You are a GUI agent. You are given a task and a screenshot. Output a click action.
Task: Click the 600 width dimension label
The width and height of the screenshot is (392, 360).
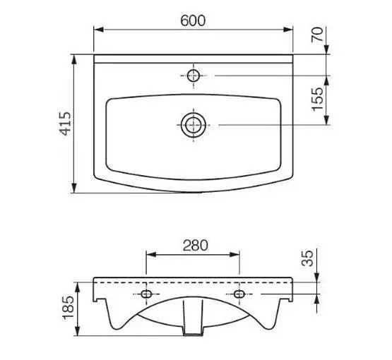(193, 20)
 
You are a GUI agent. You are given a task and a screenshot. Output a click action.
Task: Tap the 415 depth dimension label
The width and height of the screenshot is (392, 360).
(65, 124)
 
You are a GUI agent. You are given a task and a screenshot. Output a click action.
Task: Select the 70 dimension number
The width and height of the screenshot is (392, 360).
(317, 35)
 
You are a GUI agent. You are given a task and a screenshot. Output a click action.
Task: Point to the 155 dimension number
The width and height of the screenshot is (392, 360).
(317, 99)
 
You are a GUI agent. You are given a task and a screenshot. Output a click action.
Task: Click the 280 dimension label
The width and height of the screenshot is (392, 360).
(195, 246)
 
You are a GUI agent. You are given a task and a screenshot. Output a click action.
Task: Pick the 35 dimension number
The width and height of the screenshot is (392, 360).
(307, 258)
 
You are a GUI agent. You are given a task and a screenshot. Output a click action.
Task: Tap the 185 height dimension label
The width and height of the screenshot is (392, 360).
(68, 308)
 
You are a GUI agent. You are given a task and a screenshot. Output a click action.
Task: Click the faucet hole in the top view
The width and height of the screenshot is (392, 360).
(194, 76)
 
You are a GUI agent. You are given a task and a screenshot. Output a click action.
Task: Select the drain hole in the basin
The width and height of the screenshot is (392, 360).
(194, 125)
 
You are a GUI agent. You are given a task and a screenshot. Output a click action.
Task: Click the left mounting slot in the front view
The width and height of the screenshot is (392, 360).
(146, 294)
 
